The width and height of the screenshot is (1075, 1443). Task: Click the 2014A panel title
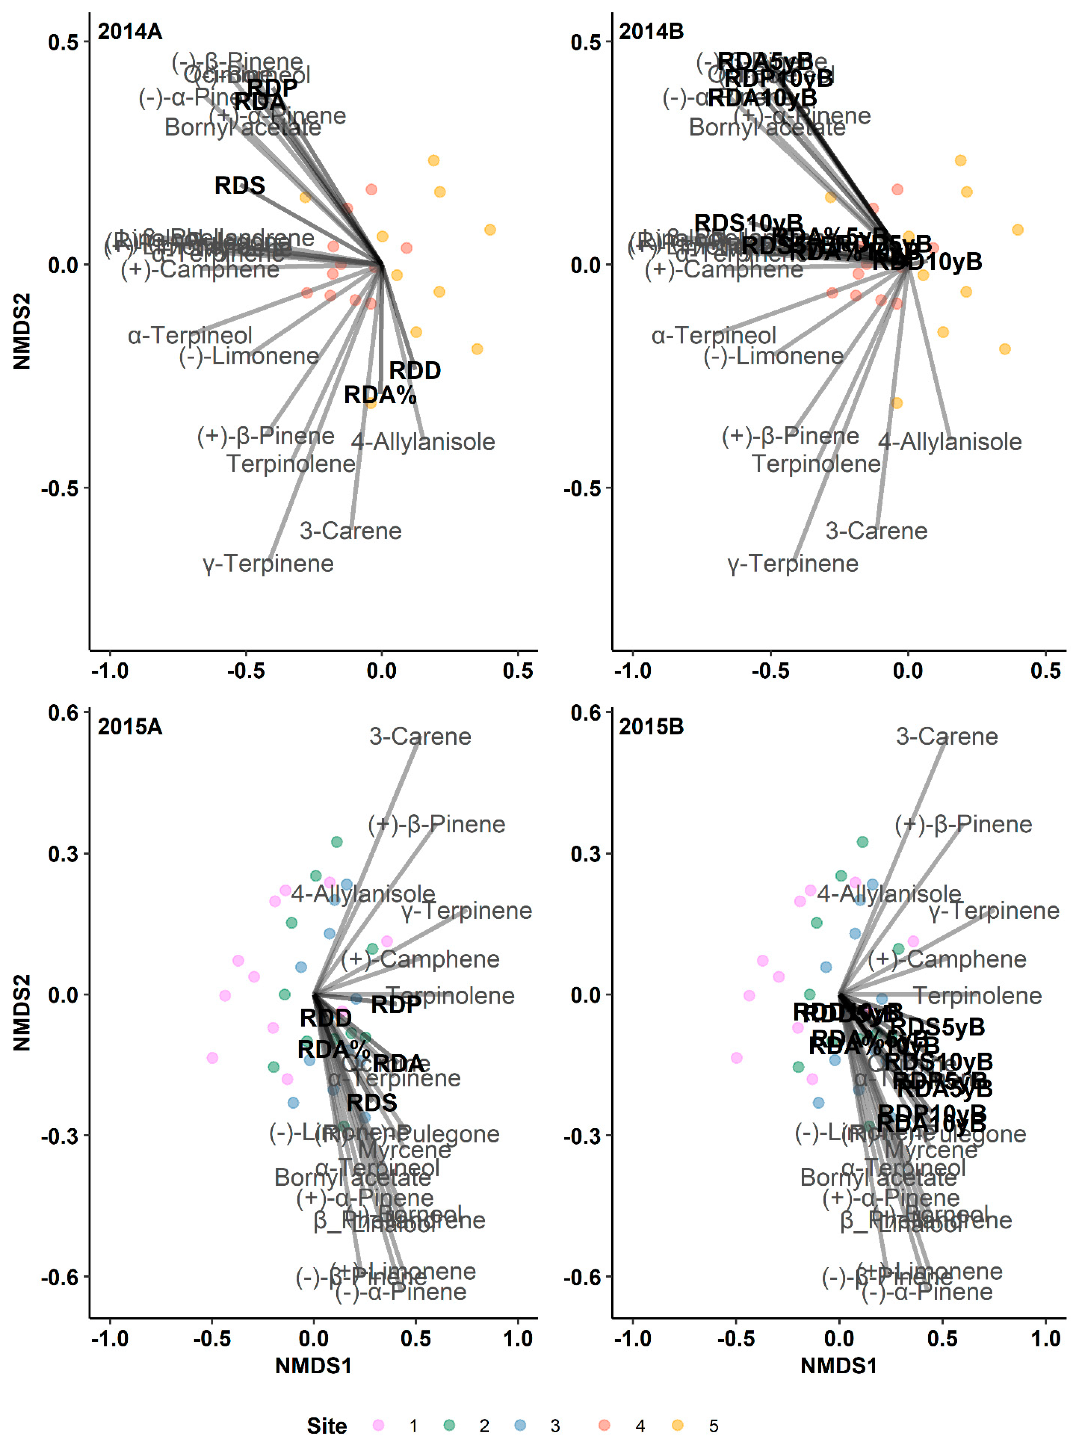130,31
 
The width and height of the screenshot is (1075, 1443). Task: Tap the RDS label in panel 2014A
239,186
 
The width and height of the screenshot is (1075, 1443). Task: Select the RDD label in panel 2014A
414,370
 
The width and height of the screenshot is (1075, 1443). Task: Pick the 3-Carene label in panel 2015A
420,736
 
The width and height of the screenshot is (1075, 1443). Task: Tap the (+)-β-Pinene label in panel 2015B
963,824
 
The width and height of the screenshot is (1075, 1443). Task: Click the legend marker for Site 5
678,1425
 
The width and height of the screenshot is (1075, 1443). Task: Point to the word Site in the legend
327,1426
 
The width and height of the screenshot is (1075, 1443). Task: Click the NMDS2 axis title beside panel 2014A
22,332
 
